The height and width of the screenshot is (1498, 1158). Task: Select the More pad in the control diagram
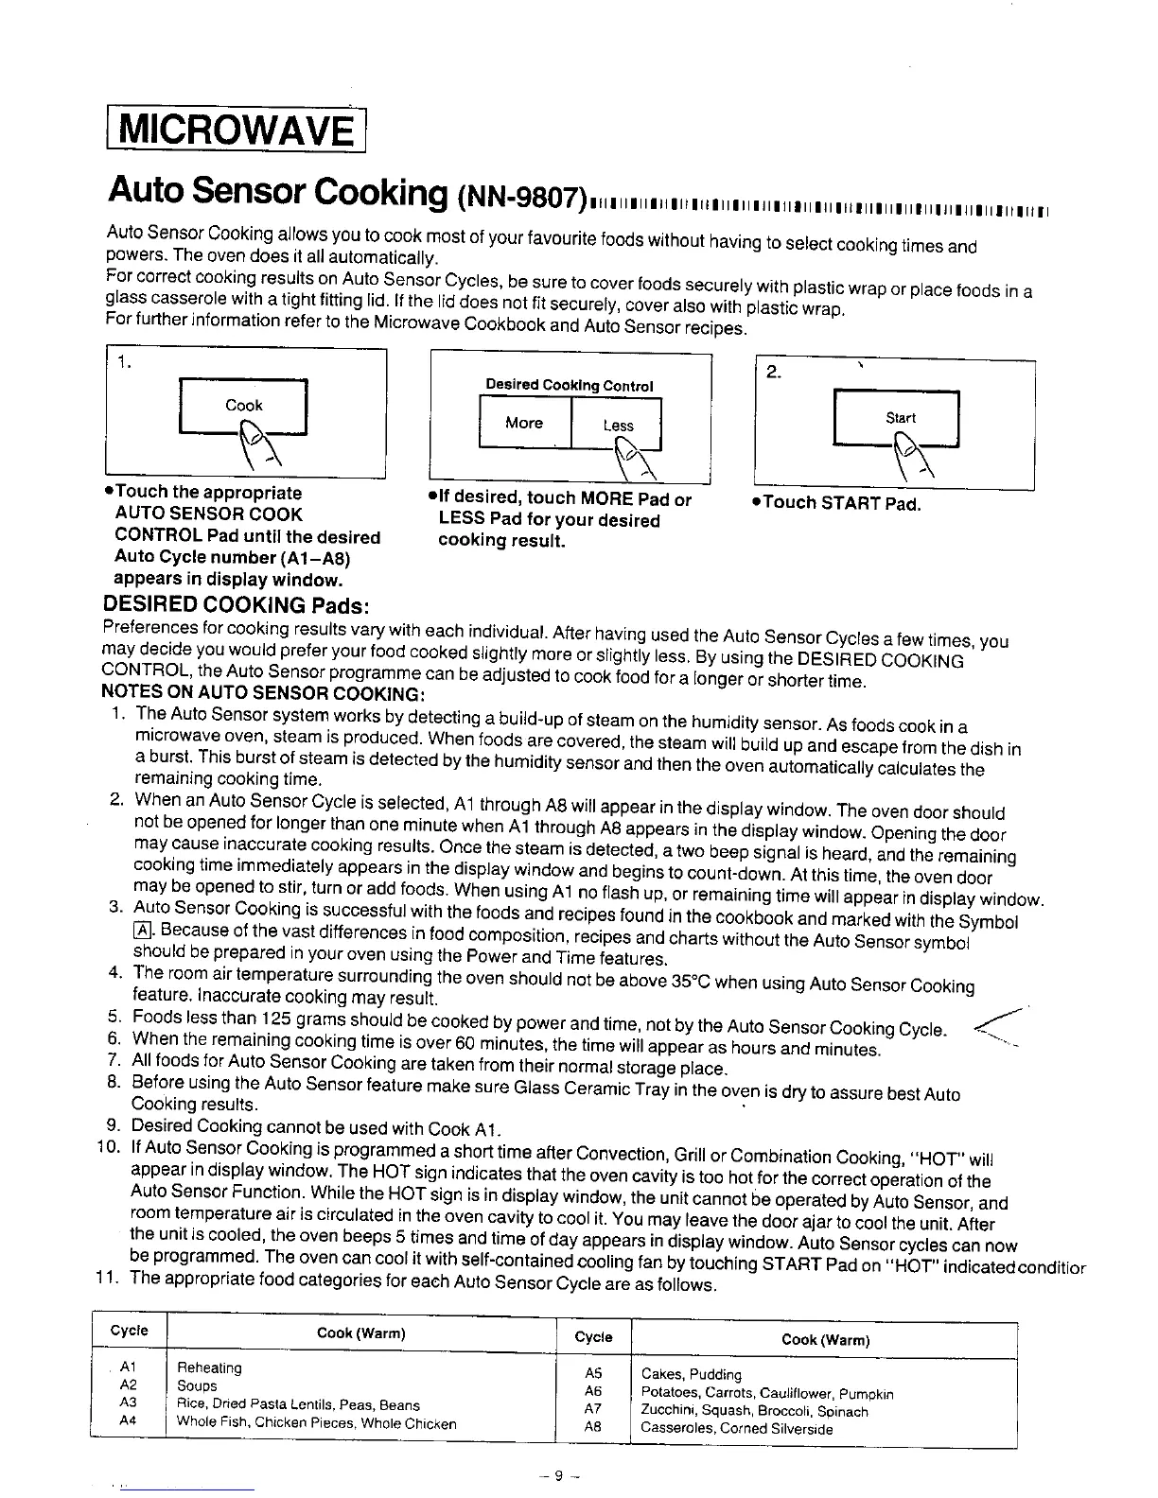tap(523, 423)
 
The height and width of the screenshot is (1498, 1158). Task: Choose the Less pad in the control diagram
tap(618, 426)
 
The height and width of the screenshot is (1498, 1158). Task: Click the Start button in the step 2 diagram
tap(900, 417)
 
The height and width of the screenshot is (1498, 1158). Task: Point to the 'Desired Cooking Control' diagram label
tap(569, 385)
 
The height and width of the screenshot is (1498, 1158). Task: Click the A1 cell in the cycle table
tap(130, 1367)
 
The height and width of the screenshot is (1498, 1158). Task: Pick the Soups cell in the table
tap(198, 1385)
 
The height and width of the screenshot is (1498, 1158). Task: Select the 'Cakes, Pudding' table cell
tap(691, 1374)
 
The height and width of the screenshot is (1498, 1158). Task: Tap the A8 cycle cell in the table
tap(593, 1428)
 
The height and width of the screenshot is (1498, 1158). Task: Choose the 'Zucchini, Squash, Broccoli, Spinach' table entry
tap(754, 1411)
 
